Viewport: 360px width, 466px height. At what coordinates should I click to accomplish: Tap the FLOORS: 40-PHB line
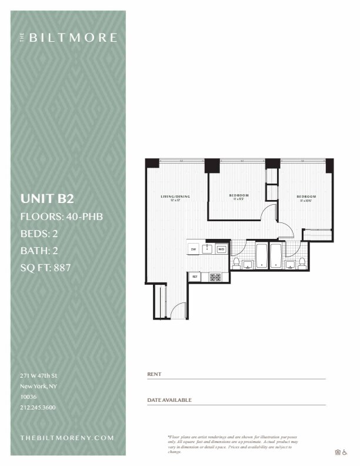coord(62,216)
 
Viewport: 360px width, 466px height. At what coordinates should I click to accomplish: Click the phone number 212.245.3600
coord(38,407)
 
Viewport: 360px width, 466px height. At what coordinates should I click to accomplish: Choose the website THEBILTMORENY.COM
coord(66,438)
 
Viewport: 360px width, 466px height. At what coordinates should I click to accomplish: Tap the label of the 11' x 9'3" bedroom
coord(238,196)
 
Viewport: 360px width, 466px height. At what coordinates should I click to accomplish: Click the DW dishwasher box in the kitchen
coord(193,249)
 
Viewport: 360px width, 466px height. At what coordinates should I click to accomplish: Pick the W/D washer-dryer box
coord(221,249)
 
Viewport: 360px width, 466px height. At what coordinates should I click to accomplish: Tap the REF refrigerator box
coord(194,276)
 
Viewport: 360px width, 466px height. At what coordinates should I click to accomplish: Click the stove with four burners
coord(215,276)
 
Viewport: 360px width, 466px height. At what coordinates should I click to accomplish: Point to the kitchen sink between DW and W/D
coord(207,249)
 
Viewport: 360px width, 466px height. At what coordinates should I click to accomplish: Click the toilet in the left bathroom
coord(236,262)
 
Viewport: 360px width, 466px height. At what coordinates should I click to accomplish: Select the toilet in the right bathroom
coord(302,262)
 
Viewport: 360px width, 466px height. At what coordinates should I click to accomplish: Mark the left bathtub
coord(262,256)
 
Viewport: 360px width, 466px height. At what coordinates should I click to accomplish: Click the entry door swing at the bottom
coord(179,310)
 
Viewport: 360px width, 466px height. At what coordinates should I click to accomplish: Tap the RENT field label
coord(154,374)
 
